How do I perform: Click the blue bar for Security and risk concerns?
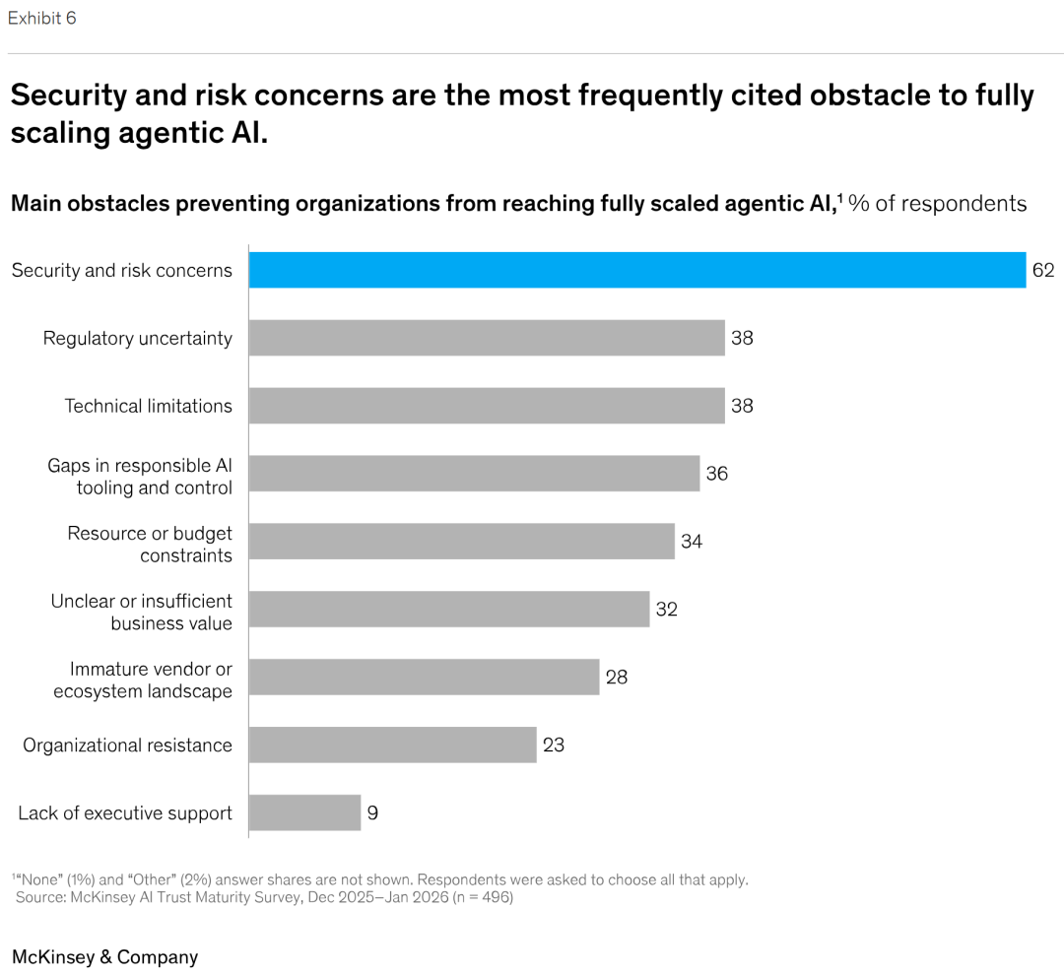tap(636, 270)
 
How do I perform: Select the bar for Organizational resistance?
tap(392, 745)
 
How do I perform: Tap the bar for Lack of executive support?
tap(304, 812)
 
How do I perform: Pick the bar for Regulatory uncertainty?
tap(487, 338)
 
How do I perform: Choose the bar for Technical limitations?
tap(487, 406)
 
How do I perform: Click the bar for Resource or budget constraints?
tap(461, 542)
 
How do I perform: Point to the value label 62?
tap(1043, 271)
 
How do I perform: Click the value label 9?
tap(373, 813)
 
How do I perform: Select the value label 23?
tap(554, 746)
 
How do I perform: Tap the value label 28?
tap(617, 678)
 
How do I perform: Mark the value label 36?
tap(716, 474)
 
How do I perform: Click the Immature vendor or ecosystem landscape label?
tap(143, 681)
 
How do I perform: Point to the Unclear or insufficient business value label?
tap(142, 613)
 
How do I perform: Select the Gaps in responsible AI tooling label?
tap(140, 477)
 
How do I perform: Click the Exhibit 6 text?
tap(41, 18)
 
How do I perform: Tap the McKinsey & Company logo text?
tap(104, 957)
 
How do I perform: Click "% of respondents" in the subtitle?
tap(938, 204)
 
